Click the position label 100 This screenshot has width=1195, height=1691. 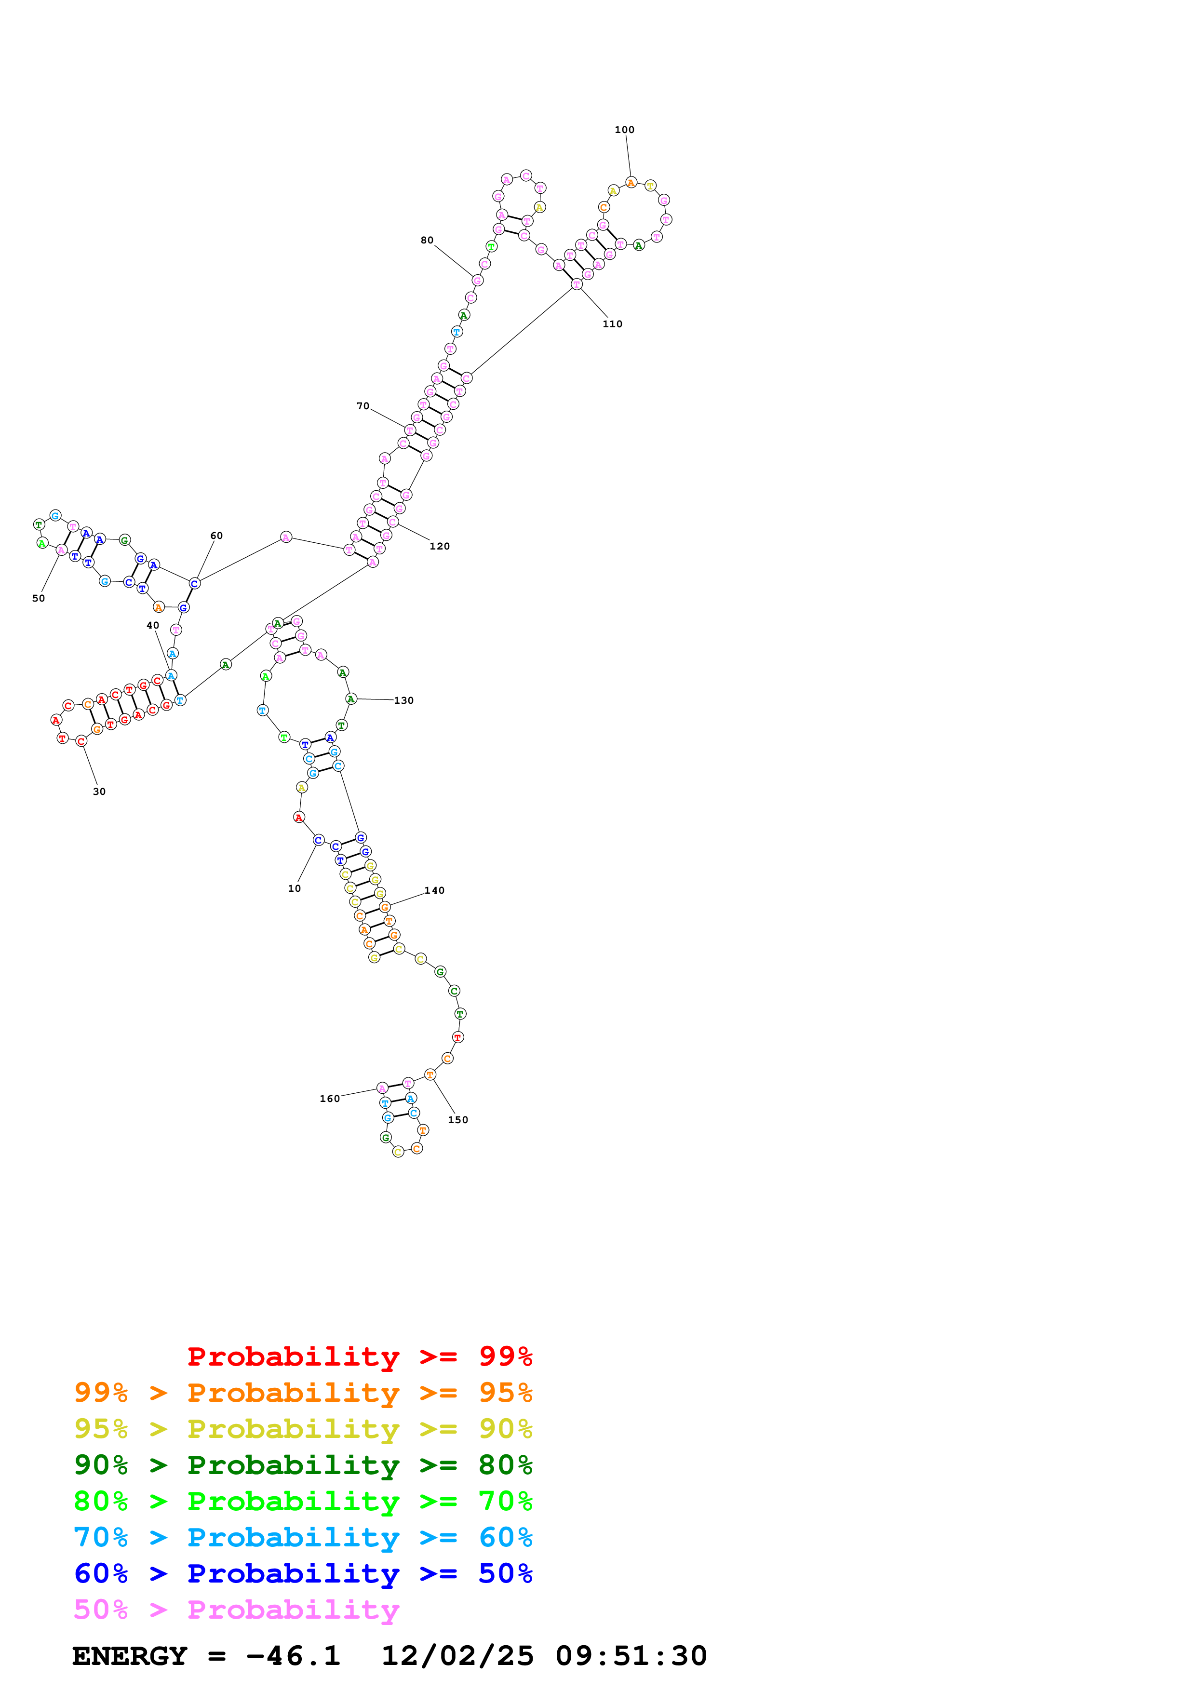click(624, 130)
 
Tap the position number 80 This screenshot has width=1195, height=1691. click(427, 240)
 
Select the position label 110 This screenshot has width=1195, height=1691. click(612, 324)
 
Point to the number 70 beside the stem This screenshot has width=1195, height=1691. click(363, 406)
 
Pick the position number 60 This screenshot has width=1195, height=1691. click(216, 536)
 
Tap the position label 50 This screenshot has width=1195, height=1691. click(38, 598)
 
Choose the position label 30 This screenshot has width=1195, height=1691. click(99, 792)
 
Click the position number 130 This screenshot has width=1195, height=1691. click(403, 700)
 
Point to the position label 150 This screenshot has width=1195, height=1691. click(458, 1119)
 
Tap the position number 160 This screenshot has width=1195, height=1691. click(330, 1098)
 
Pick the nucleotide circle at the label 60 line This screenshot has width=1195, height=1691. click(194, 583)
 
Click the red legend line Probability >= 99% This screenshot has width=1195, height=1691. click(360, 1356)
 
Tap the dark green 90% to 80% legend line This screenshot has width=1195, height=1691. click(303, 1465)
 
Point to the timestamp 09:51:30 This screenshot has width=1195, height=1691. click(631, 1656)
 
